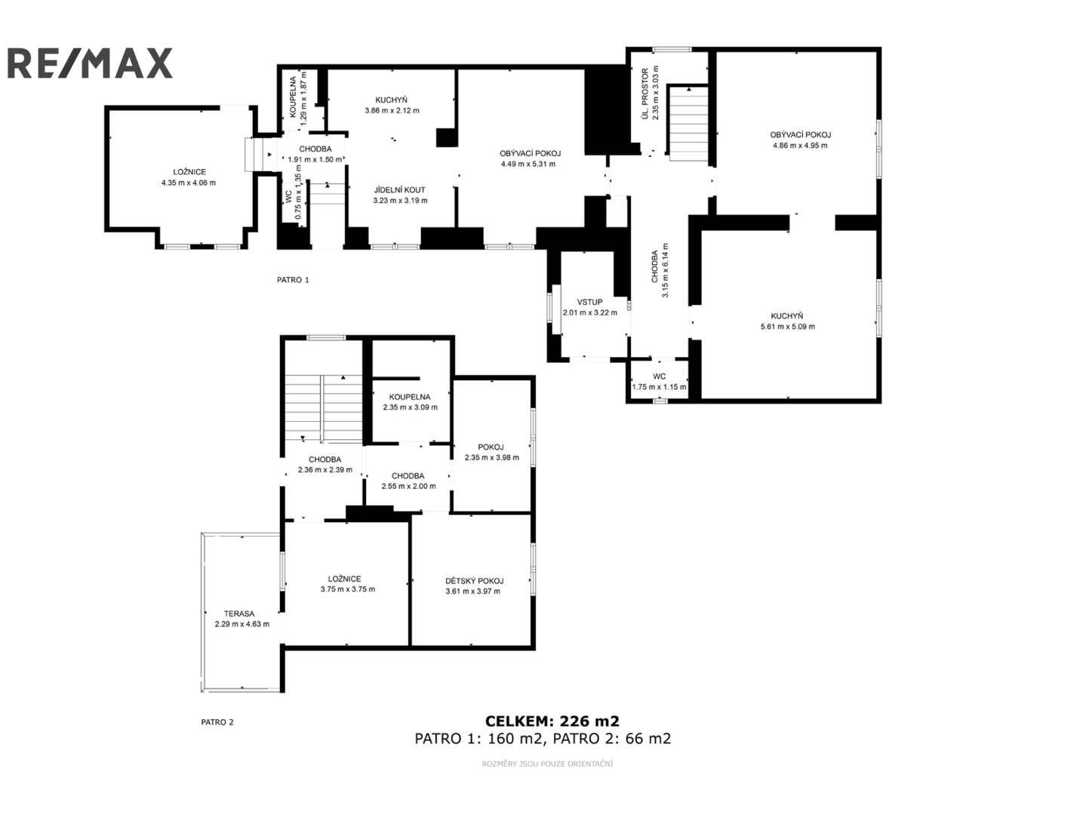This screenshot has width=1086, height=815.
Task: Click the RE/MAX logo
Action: pyautogui.click(x=90, y=63)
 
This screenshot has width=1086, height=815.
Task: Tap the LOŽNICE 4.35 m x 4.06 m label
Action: pyautogui.click(x=189, y=177)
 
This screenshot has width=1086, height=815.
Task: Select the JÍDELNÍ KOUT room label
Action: pyautogui.click(x=400, y=190)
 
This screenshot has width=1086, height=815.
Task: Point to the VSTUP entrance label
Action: pyautogui.click(x=589, y=302)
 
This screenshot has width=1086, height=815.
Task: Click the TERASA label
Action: pyautogui.click(x=239, y=614)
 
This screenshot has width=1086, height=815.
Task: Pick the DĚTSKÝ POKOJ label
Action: pyautogui.click(x=474, y=581)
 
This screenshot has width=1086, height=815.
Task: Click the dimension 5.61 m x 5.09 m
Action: pyautogui.click(x=788, y=327)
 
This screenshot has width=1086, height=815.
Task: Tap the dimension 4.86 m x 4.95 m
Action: pyautogui.click(x=800, y=146)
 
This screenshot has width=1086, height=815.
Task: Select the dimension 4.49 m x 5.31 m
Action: pyautogui.click(x=528, y=165)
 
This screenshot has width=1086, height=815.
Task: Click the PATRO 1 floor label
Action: pyautogui.click(x=293, y=280)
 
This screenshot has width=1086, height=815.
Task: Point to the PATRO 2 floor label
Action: pyautogui.click(x=217, y=722)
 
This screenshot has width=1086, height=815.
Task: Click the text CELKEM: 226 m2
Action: pyautogui.click(x=552, y=721)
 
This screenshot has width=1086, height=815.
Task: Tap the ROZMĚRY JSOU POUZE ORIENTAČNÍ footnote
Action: pyautogui.click(x=547, y=764)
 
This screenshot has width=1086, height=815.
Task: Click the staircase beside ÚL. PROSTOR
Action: pyautogui.click(x=688, y=123)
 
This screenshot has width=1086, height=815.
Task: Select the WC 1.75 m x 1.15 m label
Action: pyautogui.click(x=659, y=382)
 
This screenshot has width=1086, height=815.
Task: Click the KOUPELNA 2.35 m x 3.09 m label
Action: pyautogui.click(x=410, y=402)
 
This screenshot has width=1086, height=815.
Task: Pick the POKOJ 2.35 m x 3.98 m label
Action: pyautogui.click(x=492, y=453)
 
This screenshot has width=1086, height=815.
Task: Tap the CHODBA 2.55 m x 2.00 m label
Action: pyautogui.click(x=408, y=481)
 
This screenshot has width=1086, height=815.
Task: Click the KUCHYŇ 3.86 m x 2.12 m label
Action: pyautogui.click(x=392, y=106)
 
